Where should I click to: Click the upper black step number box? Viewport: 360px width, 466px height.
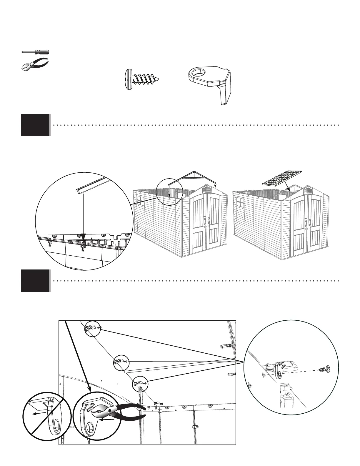click(x=35, y=125)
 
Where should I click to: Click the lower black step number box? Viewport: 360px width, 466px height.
click(x=35, y=281)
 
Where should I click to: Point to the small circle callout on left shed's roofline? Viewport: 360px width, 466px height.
click(x=169, y=191)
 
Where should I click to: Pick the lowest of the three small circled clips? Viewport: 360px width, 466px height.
click(x=140, y=383)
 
